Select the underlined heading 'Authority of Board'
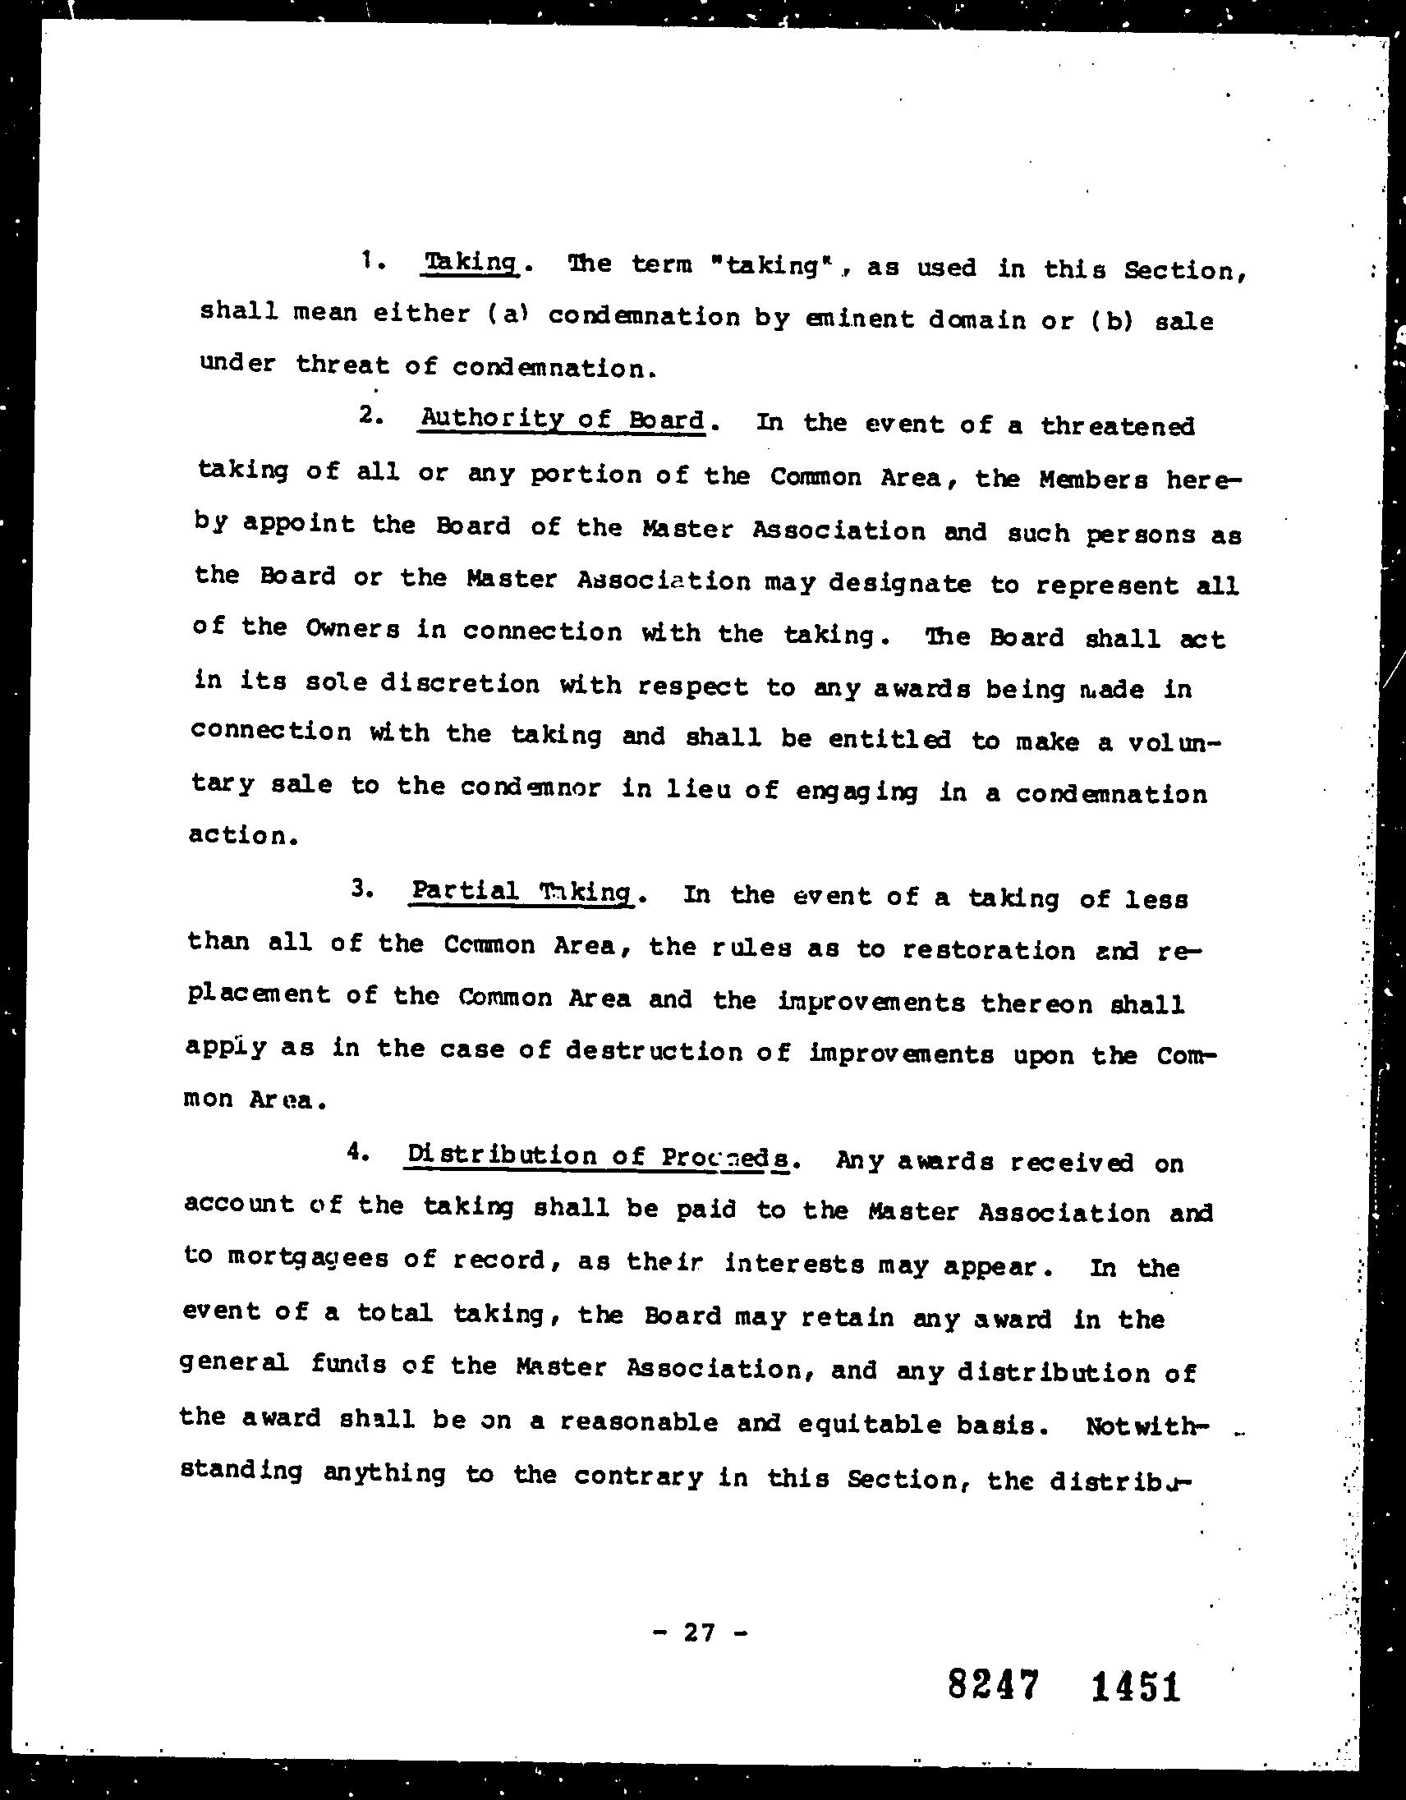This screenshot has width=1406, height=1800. [x=563, y=420]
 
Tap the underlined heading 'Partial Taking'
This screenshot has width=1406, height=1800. [x=521, y=892]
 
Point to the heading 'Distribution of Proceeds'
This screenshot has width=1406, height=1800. [x=599, y=1156]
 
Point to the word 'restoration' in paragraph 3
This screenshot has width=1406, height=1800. [x=988, y=950]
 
